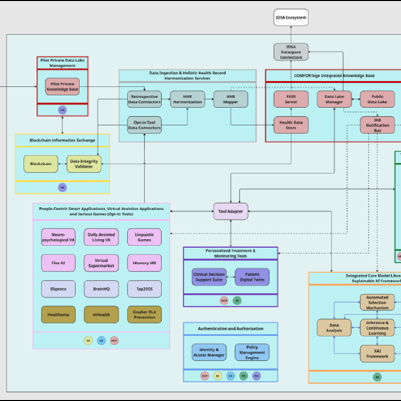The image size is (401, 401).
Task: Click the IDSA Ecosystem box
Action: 291,18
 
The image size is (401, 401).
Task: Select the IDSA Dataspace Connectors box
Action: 291,52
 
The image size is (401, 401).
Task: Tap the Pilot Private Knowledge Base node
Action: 62,87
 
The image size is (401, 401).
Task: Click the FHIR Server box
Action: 291,99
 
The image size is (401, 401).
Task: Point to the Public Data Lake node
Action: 377,99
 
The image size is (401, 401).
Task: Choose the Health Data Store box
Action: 291,125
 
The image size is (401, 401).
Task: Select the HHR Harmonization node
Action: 187,99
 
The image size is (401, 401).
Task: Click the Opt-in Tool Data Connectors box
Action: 144,125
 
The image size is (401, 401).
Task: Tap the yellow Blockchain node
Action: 40,164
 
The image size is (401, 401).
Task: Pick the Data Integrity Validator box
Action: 84,164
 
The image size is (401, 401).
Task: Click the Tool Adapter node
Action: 230,211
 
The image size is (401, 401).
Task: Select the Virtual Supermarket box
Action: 101,263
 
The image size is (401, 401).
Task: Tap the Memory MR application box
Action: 144,263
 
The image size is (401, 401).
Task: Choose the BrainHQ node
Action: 101,289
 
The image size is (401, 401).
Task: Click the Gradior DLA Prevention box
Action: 144,314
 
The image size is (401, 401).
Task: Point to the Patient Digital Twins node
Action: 252,277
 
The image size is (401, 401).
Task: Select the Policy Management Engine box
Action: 252,352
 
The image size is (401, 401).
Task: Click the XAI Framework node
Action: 377,353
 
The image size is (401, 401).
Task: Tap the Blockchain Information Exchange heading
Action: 62,140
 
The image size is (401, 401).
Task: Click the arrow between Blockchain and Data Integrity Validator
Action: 62,164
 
